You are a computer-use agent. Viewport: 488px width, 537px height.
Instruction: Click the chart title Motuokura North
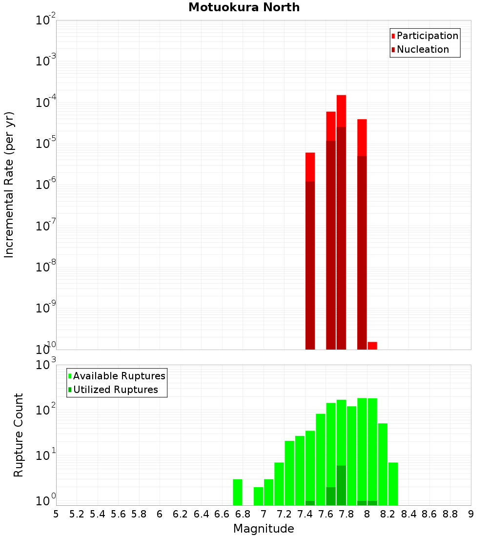tap(244, 8)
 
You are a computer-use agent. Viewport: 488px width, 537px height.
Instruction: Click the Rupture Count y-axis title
tap(19, 435)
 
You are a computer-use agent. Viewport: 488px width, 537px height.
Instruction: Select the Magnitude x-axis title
tap(264, 529)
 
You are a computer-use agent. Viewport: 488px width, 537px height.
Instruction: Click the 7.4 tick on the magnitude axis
tap(305, 514)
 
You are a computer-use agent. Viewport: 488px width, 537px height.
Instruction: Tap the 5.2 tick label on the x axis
tap(77, 514)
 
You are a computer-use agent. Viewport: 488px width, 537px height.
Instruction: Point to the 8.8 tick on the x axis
tap(450, 514)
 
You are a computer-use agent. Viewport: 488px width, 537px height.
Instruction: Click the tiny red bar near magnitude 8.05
tap(372, 346)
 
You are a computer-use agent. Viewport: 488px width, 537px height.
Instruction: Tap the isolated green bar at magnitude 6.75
tap(238, 492)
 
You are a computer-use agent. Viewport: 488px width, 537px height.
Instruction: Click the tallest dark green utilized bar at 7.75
tap(341, 485)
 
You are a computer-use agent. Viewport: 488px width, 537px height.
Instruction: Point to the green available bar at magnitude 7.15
tap(279, 484)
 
